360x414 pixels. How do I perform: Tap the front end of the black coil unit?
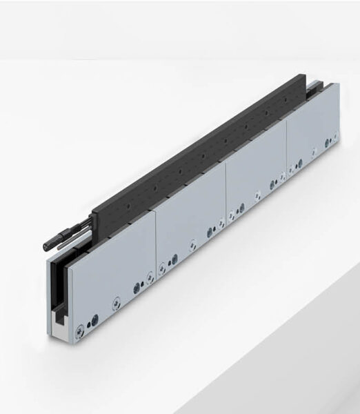[x=97, y=221]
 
